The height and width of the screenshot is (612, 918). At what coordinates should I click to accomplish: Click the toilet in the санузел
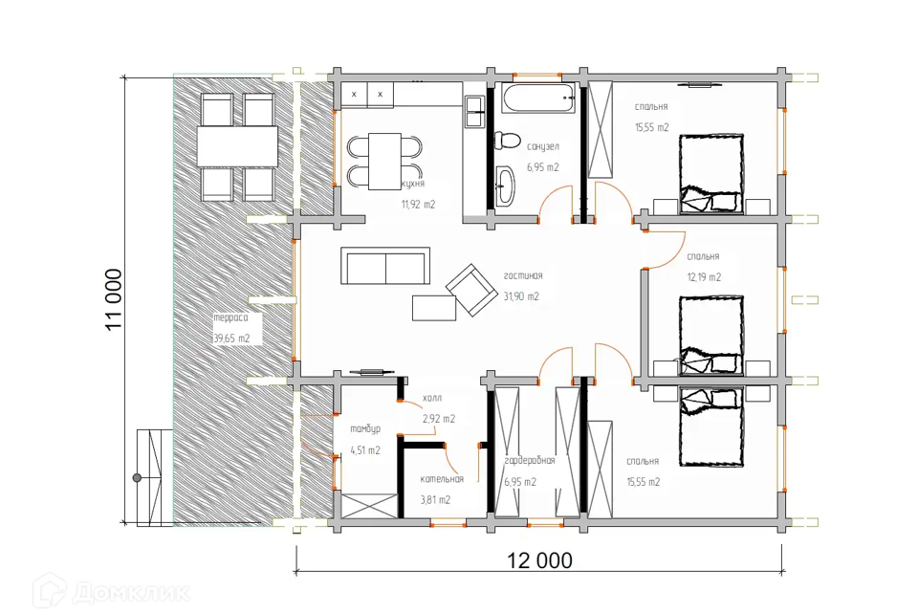(x=507, y=141)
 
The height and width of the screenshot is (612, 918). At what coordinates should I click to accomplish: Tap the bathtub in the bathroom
(x=538, y=98)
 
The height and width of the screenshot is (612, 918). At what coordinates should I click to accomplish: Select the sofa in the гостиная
(x=385, y=265)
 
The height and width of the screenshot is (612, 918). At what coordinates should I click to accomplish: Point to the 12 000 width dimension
(x=539, y=560)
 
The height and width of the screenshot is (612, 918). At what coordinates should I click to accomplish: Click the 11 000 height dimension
(x=114, y=299)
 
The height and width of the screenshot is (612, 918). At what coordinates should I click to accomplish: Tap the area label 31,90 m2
(x=521, y=296)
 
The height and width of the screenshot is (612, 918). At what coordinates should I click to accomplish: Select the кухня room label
(x=413, y=184)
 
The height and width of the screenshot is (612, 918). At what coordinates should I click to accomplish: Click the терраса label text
(x=230, y=318)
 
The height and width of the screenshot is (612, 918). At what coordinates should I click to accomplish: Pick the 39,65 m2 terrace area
(x=231, y=339)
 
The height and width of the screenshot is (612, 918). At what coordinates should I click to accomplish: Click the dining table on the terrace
(x=237, y=146)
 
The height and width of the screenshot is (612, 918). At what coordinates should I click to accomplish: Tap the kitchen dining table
(x=384, y=161)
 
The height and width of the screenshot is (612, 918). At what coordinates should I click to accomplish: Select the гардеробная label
(x=530, y=461)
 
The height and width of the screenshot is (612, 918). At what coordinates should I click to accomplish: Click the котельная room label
(x=442, y=479)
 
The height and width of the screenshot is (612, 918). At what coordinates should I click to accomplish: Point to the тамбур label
(x=365, y=429)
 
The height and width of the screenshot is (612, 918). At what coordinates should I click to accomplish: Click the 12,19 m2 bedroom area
(x=704, y=277)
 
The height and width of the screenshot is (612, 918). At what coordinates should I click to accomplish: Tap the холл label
(x=432, y=398)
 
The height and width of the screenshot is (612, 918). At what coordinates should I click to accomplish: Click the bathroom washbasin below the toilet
(x=505, y=186)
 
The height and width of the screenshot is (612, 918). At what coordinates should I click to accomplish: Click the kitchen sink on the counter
(x=474, y=112)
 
